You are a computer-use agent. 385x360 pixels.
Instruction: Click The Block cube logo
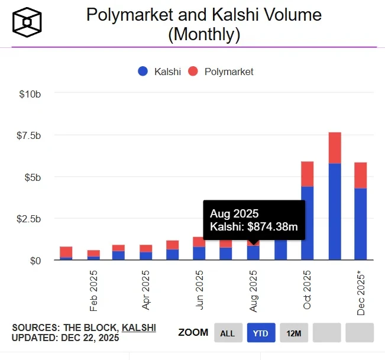point(27,22)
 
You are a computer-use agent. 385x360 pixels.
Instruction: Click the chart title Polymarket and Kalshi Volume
point(204,14)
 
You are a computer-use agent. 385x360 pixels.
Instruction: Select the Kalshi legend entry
point(159,72)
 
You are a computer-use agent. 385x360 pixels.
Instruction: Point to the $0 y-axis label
point(35,260)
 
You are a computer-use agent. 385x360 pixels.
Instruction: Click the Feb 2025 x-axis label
point(93,291)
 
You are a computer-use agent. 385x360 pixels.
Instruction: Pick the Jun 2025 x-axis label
point(200,291)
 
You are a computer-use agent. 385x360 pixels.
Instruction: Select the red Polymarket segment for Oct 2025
point(308,174)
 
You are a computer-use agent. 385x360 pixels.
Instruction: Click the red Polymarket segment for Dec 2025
point(361,175)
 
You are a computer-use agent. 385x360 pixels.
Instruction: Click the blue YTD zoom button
point(261,333)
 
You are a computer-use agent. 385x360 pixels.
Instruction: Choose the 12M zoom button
point(294,333)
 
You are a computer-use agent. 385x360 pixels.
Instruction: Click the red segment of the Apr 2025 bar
point(146,248)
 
